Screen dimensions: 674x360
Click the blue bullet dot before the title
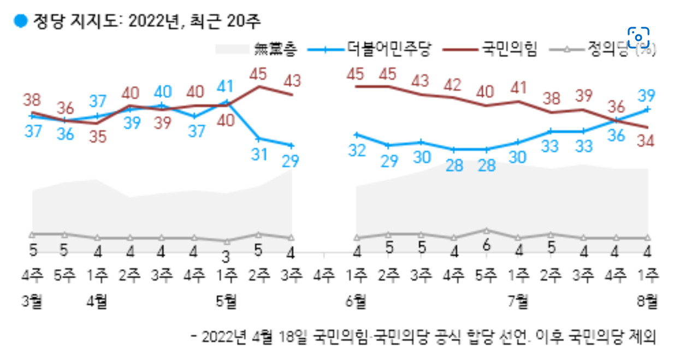click(x=21, y=21)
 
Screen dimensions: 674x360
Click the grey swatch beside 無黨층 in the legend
click(x=232, y=49)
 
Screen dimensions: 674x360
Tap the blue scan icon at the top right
click(x=638, y=37)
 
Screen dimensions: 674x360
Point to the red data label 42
click(x=453, y=85)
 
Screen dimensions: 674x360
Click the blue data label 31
click(x=259, y=155)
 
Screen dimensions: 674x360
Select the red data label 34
click(x=646, y=141)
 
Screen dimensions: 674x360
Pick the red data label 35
click(x=98, y=137)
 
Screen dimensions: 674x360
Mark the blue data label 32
click(x=357, y=151)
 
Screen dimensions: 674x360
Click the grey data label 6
click(x=486, y=246)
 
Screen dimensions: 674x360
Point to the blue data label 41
click(x=225, y=86)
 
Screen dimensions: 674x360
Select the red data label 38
click(x=32, y=100)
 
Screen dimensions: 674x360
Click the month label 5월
click(x=226, y=302)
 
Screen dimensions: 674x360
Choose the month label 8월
click(x=647, y=302)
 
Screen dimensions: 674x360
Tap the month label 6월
click(x=356, y=302)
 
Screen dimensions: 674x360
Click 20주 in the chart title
click(x=244, y=21)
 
